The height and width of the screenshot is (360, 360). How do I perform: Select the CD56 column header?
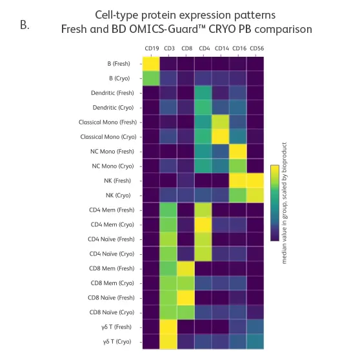(x=255, y=48)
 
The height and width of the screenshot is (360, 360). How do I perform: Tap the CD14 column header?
(x=221, y=48)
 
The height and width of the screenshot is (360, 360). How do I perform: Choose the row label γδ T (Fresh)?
(x=121, y=326)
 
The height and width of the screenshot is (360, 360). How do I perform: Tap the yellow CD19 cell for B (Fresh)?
(x=151, y=64)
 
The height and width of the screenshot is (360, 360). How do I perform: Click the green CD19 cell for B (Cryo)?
(x=151, y=79)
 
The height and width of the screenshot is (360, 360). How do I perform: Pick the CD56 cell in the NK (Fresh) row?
(x=255, y=181)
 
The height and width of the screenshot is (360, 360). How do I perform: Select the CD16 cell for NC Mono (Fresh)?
(x=239, y=151)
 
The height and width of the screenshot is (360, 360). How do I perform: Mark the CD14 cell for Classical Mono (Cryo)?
(x=221, y=137)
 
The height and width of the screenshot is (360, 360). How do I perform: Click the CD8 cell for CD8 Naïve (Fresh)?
(x=186, y=297)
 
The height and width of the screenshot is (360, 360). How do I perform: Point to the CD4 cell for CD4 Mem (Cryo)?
(x=204, y=224)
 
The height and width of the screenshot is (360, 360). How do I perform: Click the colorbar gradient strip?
(x=274, y=203)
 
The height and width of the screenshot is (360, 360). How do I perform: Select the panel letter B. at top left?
(x=25, y=26)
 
